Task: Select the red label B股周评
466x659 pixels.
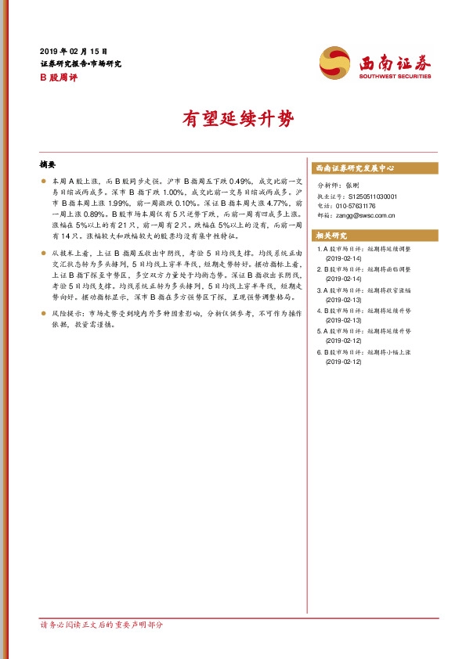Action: coord(58,77)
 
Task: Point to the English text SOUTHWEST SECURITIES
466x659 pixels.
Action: coord(395,77)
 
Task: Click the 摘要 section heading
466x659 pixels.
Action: coord(48,165)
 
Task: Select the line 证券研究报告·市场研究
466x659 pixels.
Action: coord(81,63)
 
